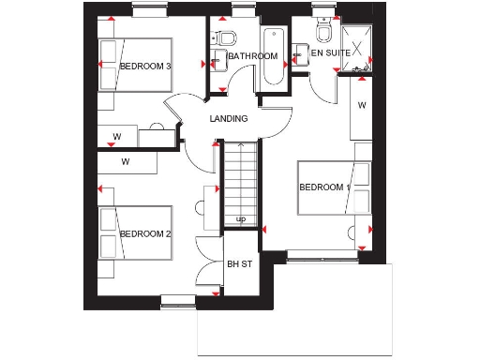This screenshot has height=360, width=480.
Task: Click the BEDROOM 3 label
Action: click(144, 67)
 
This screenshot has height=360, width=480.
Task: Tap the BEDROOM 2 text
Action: click(144, 233)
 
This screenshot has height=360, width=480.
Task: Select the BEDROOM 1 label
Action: click(324, 187)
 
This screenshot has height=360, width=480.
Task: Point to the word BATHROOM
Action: click(253, 56)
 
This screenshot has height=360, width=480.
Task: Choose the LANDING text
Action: click(229, 119)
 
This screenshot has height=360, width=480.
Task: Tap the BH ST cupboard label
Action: click(240, 264)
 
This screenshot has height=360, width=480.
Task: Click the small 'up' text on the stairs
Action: click(241, 219)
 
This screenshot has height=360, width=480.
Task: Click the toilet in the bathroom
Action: click(225, 39)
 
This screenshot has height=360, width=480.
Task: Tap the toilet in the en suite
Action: click(324, 35)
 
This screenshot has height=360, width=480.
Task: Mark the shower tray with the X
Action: click(357, 41)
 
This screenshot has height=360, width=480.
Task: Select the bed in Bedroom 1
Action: click(328, 191)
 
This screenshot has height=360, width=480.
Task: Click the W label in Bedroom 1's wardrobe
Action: click(361, 106)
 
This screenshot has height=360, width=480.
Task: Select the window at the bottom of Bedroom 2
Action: click(176, 301)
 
